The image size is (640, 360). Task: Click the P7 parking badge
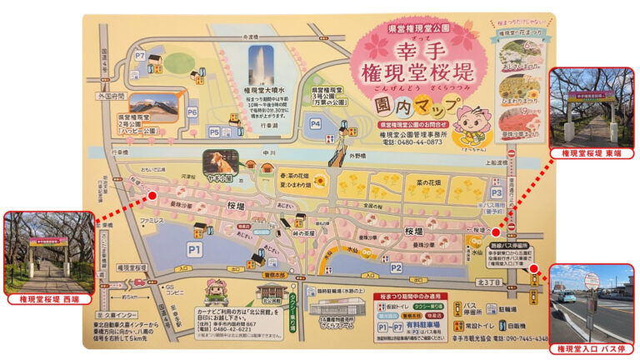click(x=140, y=56)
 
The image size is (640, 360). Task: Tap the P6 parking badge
click(x=192, y=112)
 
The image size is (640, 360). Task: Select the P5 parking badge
click(x=215, y=132)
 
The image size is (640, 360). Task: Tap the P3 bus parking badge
click(x=497, y=192)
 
